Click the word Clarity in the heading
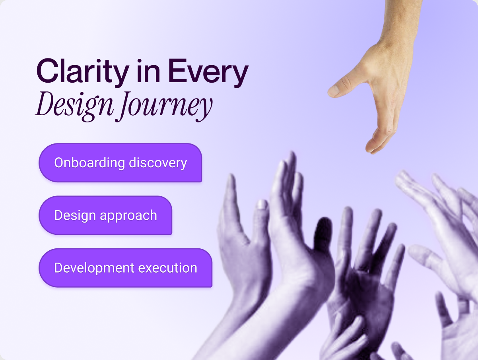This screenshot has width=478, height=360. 83,73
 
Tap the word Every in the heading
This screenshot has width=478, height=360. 208,73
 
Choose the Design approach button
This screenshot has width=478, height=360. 105,215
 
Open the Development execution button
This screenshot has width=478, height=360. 125,268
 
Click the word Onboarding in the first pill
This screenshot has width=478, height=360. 89,163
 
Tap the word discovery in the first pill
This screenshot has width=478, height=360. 158,163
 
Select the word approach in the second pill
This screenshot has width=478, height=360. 128,216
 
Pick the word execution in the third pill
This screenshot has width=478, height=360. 167,268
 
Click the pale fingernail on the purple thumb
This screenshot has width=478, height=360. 262,205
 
